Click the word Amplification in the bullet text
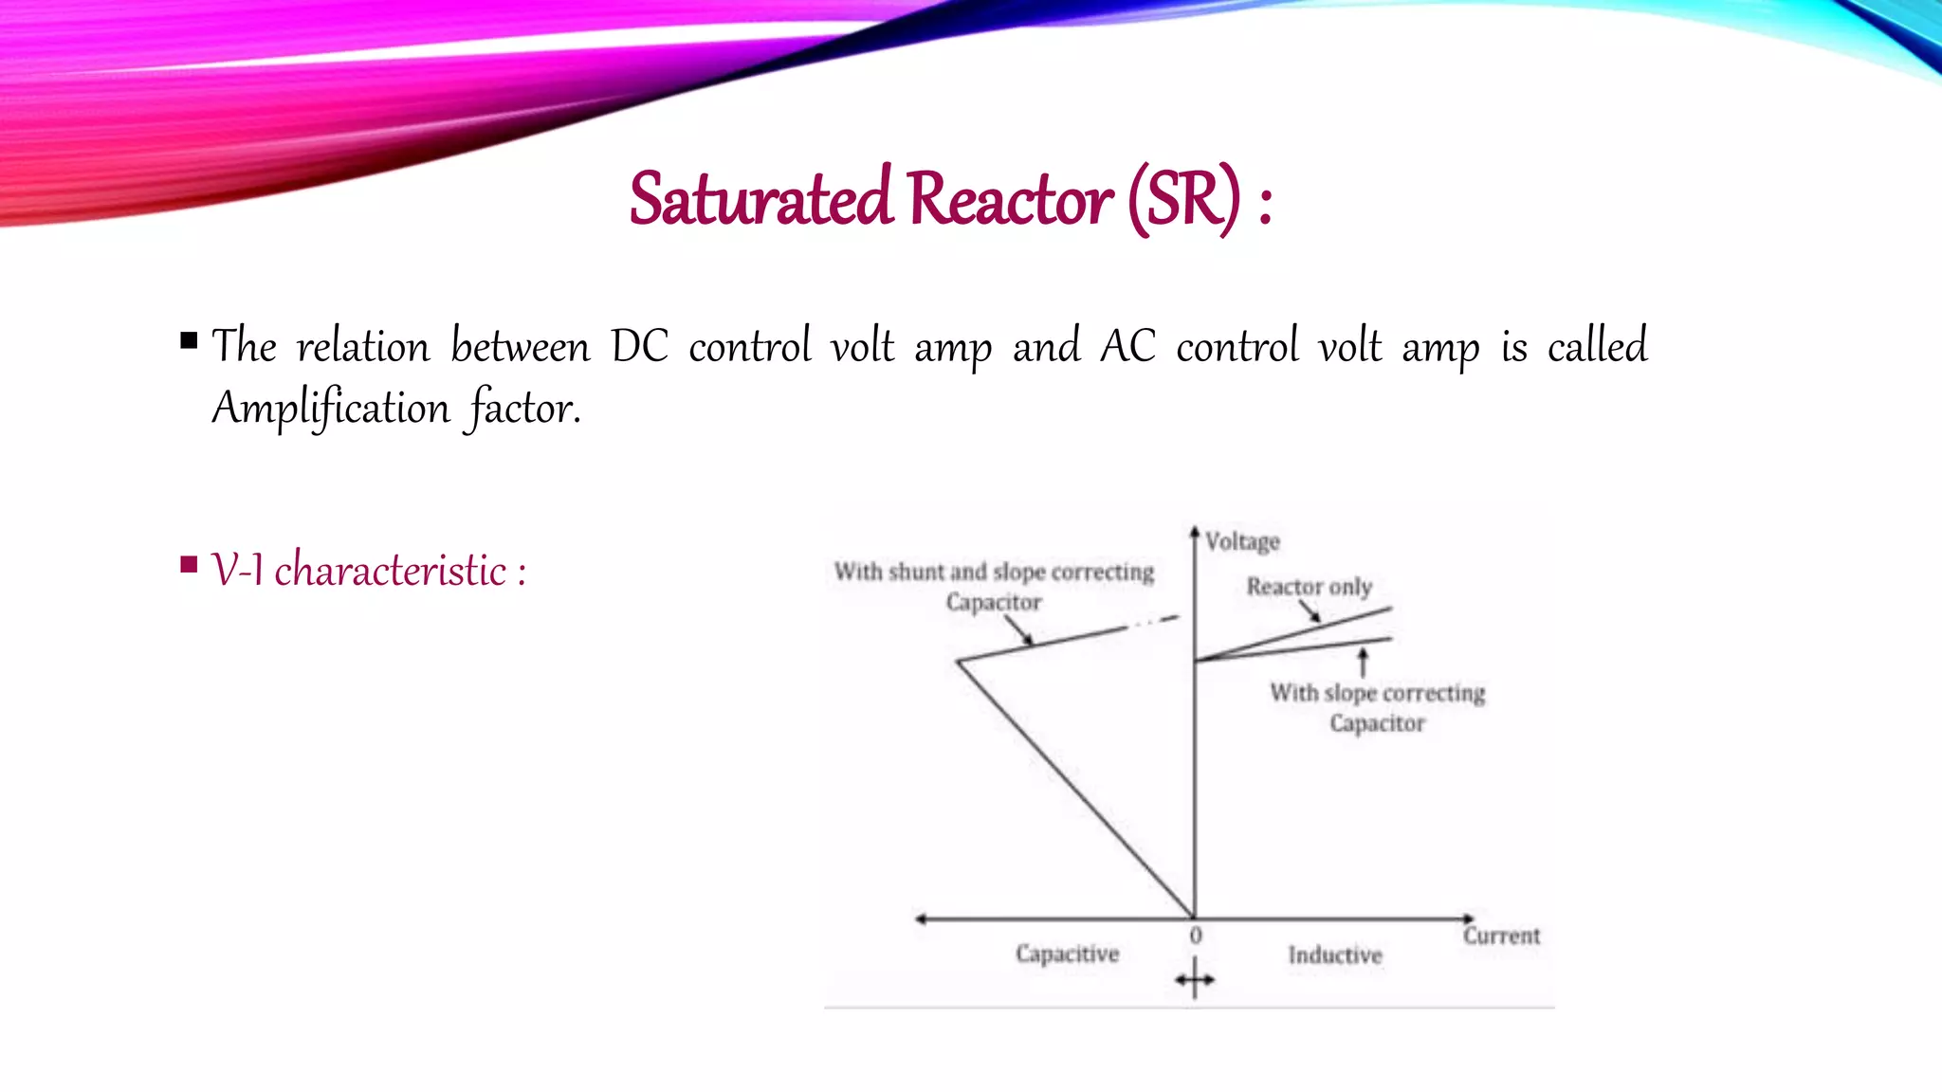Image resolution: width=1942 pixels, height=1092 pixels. point(331,409)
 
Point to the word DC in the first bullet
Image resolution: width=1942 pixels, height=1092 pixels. point(639,346)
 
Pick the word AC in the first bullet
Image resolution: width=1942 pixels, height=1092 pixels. point(1127,346)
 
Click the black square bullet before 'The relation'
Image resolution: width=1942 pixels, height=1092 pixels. point(189,340)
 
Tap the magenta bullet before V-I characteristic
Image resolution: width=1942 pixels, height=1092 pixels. point(189,566)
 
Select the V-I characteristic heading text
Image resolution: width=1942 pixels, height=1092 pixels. point(368,571)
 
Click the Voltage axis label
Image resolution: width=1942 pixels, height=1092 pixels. point(1242,541)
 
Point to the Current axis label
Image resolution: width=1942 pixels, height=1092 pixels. point(1501,937)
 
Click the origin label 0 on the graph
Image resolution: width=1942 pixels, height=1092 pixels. point(1196,936)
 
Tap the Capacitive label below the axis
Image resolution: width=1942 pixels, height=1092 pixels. point(1067,954)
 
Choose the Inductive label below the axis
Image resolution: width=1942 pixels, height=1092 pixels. point(1335,955)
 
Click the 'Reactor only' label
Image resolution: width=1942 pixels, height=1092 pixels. point(1309,587)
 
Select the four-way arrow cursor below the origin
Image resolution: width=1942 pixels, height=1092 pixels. point(1195,979)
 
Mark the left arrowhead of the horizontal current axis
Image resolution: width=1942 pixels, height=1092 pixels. point(920,919)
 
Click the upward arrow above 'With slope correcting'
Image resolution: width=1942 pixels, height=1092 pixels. point(1364,660)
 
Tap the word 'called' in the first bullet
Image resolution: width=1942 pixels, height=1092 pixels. point(1598,346)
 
